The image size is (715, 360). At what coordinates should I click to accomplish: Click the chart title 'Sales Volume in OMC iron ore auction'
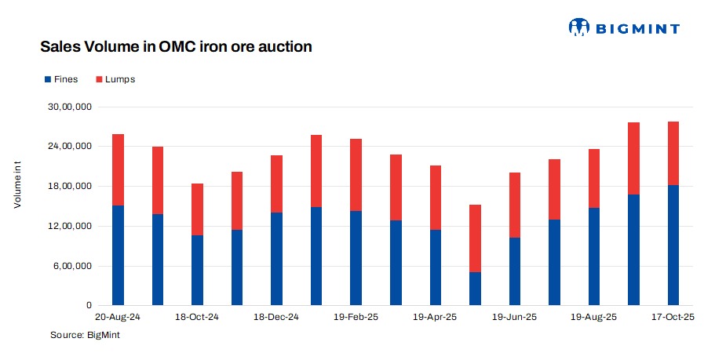pos(176,47)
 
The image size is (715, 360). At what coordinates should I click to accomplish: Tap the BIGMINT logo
pos(624,27)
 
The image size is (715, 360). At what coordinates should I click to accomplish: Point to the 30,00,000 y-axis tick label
pos(71,107)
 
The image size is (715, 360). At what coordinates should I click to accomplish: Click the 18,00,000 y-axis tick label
pos(71,187)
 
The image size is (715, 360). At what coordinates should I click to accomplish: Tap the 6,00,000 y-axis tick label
pos(73,266)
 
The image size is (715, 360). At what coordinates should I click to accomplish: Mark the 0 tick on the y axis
pos(89,306)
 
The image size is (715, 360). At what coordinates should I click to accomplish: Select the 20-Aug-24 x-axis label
pos(118,318)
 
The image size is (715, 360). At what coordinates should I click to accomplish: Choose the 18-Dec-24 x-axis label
pos(277,318)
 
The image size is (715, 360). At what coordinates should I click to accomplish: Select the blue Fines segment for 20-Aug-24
pos(118,255)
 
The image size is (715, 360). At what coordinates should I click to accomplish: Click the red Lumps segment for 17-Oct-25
pos(673,153)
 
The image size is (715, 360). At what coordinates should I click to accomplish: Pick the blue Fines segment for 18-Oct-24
pos(197,270)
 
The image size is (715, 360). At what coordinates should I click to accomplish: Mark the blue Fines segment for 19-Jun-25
pos(515,271)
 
